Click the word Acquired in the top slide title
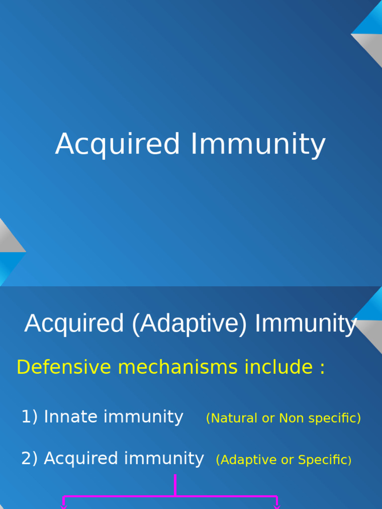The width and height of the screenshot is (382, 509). tap(117, 144)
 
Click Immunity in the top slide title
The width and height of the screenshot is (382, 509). tap(258, 144)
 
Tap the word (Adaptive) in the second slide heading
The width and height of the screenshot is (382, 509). tap(190, 324)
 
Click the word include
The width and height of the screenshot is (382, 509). tap(279, 367)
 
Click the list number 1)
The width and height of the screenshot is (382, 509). tap(29, 417)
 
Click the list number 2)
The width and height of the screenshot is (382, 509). tap(29, 458)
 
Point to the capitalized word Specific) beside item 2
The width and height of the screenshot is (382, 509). tap(324, 460)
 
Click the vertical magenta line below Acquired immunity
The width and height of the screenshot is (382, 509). tap(176, 485)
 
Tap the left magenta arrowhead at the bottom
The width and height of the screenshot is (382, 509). tap(64, 507)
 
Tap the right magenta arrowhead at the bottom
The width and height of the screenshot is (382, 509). tap(277, 507)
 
